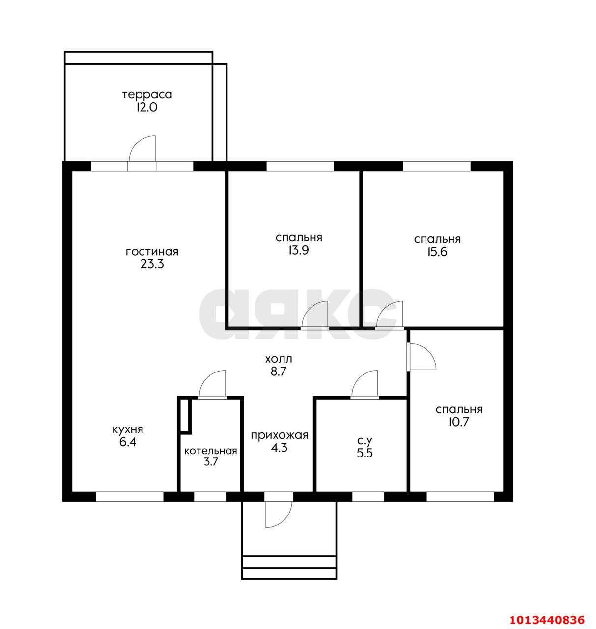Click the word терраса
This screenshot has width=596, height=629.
(x=147, y=95)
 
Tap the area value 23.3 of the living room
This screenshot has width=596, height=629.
(x=152, y=264)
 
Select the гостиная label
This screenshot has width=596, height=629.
(x=152, y=252)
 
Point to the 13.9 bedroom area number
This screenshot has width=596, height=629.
(x=298, y=250)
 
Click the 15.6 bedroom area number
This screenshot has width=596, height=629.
(x=437, y=252)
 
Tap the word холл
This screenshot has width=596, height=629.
(x=278, y=359)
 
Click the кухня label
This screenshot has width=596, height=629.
(x=128, y=429)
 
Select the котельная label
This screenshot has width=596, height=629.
(x=211, y=451)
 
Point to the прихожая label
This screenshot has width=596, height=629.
(x=279, y=435)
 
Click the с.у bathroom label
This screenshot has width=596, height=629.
(x=365, y=441)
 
